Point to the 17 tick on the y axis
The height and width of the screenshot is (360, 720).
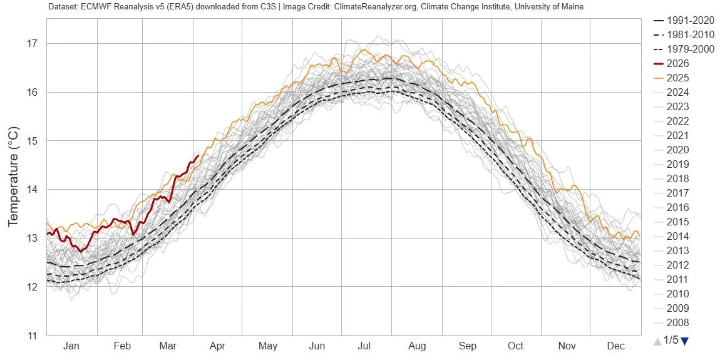coord(32,44)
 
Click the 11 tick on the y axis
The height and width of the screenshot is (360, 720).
coord(32,336)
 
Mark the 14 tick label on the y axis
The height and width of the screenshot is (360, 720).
coord(32,190)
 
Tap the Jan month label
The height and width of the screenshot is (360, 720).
coord(71,346)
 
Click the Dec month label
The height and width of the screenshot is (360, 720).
coord(616,346)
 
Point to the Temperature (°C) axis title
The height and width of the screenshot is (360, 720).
coord(13,177)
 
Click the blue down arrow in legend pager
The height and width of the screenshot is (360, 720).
coord(684,341)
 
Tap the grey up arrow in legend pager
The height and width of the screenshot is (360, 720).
coord(657,341)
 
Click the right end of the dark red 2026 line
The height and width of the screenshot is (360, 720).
coord(198,156)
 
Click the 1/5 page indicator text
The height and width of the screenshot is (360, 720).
coord(671,341)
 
